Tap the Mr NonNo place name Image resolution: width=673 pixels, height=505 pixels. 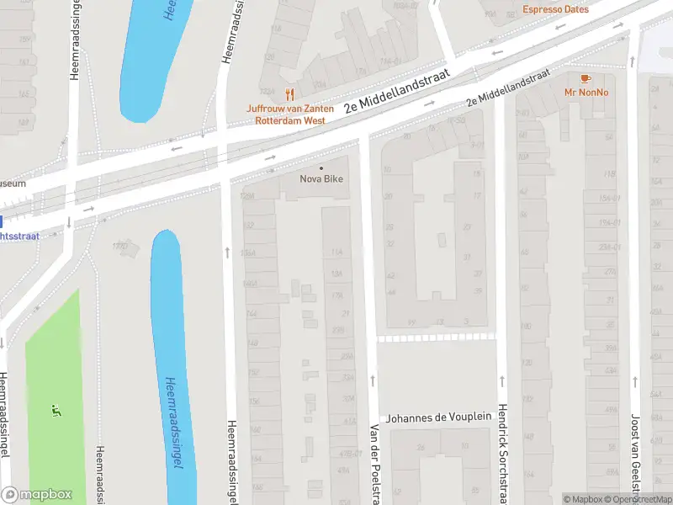coord(586,93)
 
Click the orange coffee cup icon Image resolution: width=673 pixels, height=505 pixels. coord(586,78)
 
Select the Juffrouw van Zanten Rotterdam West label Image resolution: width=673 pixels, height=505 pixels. coord(290,114)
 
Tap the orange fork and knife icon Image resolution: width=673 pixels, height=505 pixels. coord(290,94)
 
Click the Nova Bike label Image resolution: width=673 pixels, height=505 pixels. coord(321,178)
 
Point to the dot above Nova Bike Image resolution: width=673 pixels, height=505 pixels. coord(321,167)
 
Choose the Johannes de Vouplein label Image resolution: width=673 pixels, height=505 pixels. coord(437,418)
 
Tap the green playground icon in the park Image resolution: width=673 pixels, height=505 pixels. coord(56,412)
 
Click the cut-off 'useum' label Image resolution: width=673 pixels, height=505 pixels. coord(13,183)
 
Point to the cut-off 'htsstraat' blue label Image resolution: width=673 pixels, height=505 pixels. coord(20,236)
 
